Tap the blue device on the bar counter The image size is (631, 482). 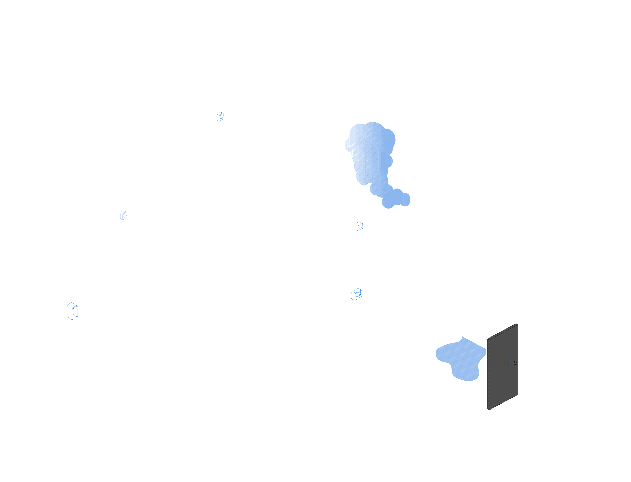(356, 294)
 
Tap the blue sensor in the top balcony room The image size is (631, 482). (220, 116)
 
